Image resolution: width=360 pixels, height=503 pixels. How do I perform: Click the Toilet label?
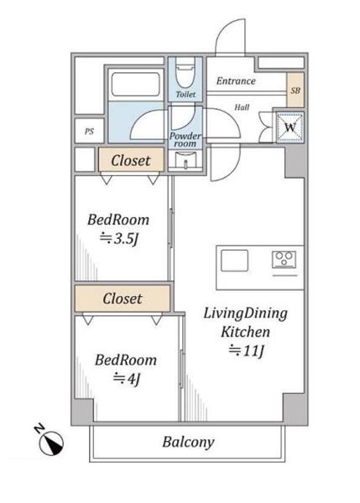(186, 94)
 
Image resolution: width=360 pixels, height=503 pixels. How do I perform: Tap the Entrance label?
(236, 80)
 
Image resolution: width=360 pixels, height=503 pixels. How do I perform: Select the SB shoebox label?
(295, 91)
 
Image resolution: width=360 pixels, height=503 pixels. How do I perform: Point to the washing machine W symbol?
(290, 127)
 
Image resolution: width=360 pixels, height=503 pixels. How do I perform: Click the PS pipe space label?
(89, 132)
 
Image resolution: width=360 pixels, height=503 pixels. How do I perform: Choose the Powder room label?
(185, 140)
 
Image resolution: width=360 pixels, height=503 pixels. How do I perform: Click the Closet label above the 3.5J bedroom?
(131, 160)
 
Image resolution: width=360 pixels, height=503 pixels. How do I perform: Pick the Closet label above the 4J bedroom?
(123, 298)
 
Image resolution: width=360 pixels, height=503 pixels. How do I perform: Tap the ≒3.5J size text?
(119, 239)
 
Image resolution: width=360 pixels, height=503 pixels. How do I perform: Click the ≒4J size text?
(127, 379)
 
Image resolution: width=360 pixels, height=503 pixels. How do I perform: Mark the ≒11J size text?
(246, 350)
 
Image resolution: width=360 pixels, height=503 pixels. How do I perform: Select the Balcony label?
(188, 442)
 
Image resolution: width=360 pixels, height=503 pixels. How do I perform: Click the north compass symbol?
(50, 442)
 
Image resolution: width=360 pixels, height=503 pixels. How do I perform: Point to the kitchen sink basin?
(234, 261)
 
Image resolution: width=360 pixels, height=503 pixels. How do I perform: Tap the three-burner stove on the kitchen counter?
(284, 259)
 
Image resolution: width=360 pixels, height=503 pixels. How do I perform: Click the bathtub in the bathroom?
(135, 85)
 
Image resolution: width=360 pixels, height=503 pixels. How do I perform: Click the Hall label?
(242, 107)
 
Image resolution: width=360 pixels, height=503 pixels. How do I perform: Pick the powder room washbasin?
(185, 160)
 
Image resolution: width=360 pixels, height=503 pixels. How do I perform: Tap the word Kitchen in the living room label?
(245, 332)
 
